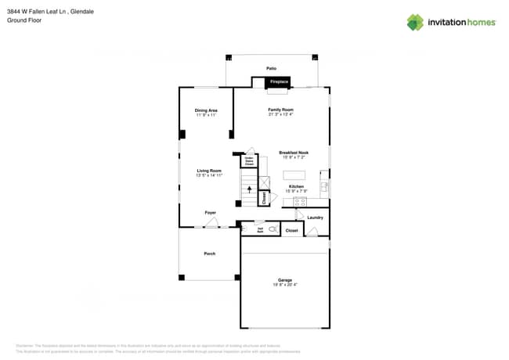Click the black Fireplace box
277,81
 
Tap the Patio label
271,69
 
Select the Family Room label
280,110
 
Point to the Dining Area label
206,110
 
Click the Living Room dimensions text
209,175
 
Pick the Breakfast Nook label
294,153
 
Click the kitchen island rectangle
294,175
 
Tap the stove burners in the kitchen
300,201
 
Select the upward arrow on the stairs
250,189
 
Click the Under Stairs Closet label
249,161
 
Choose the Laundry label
315,218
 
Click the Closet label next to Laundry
291,231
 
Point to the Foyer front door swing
211,223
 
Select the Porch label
209,254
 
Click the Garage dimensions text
284,285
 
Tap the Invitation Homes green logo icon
415,22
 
